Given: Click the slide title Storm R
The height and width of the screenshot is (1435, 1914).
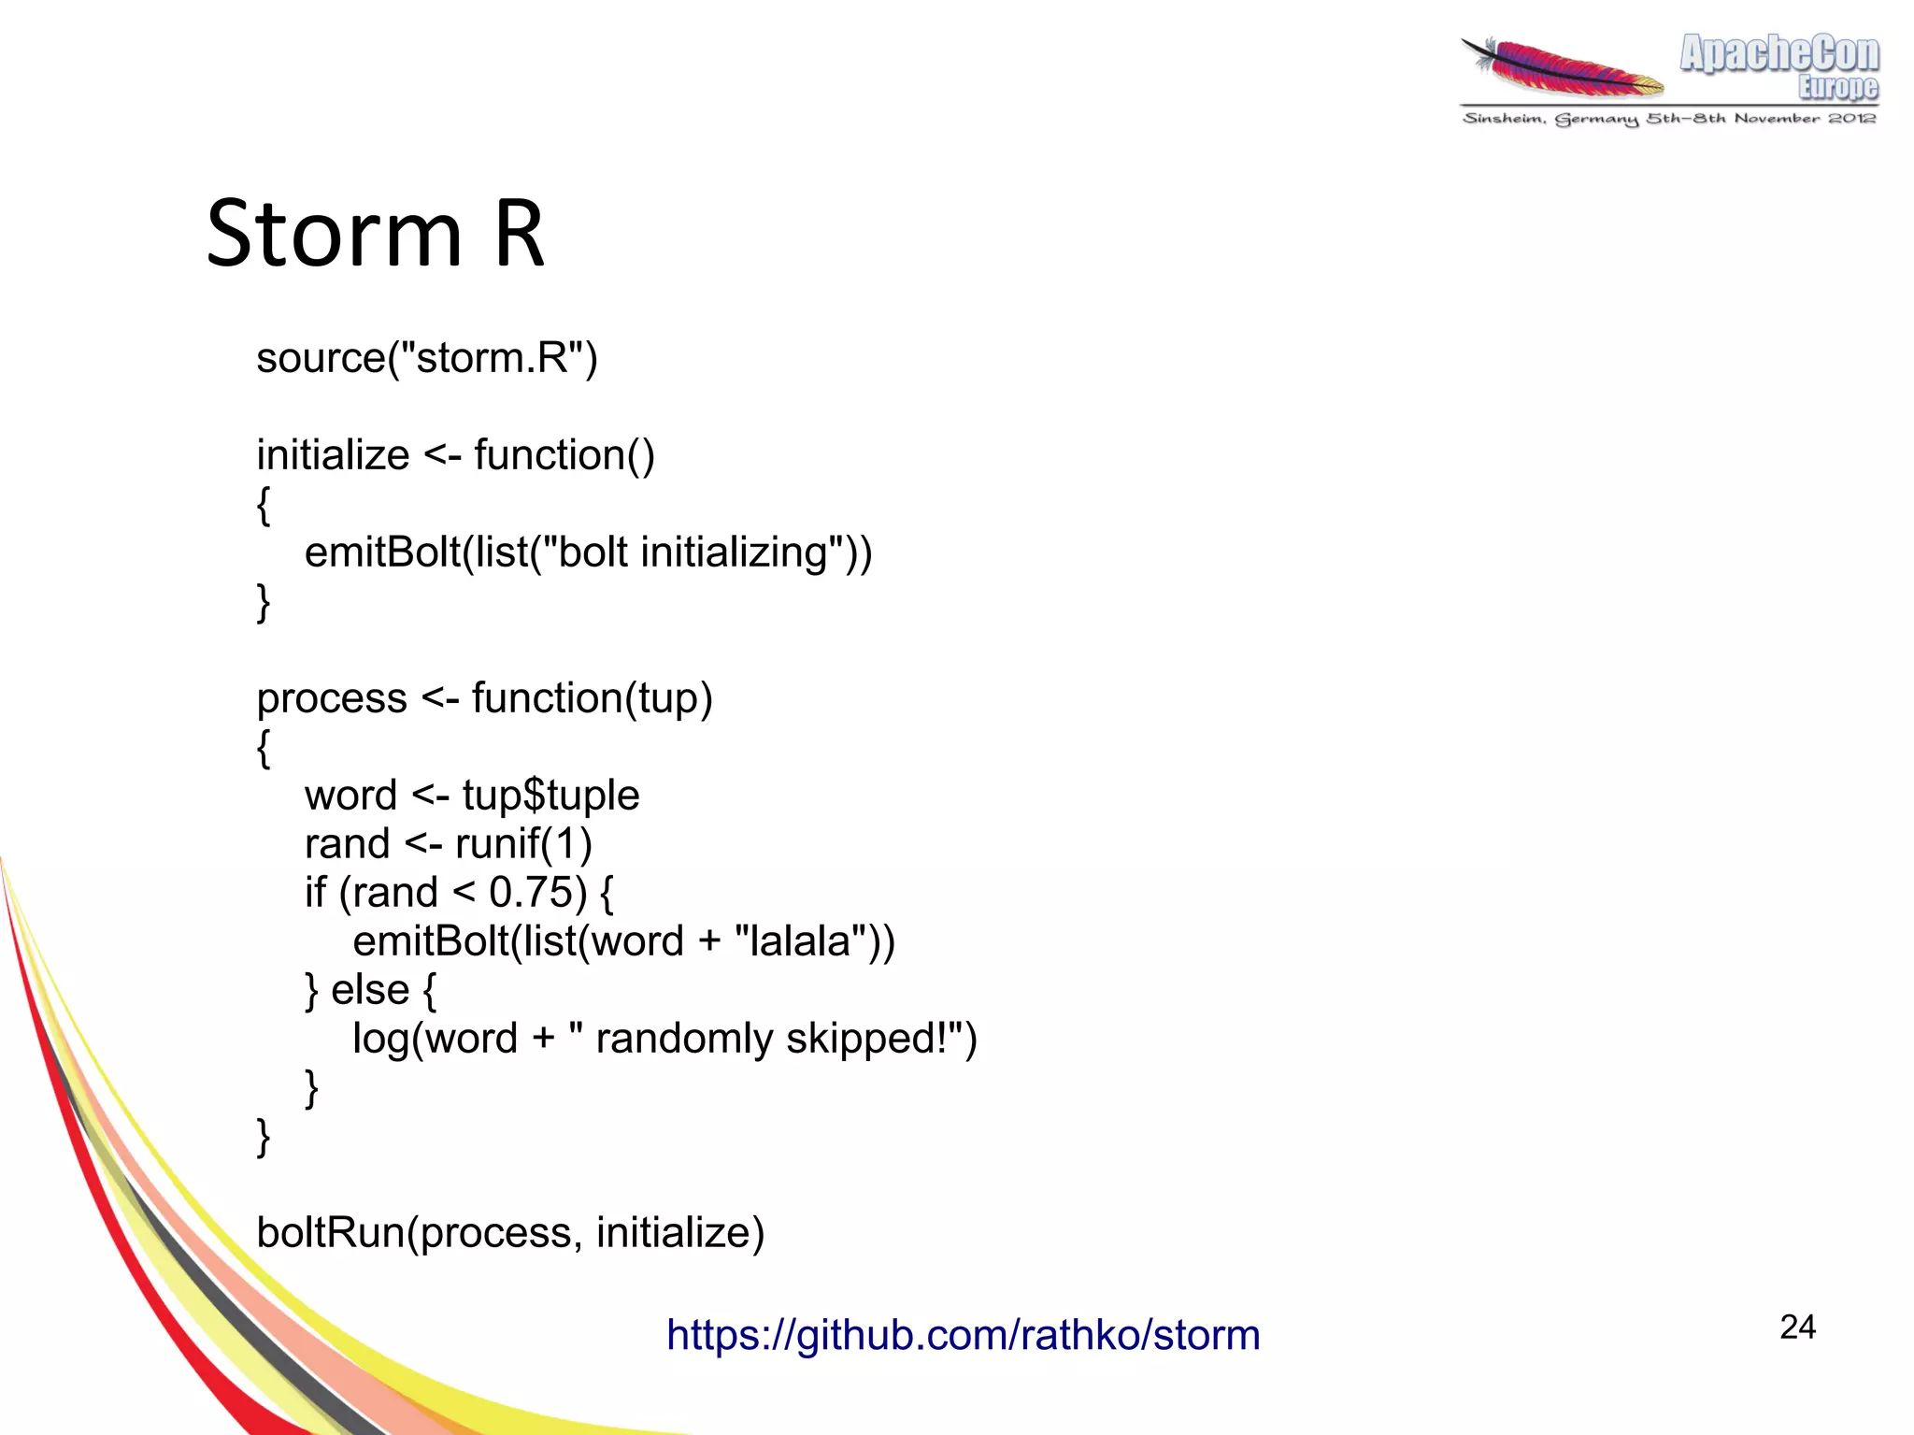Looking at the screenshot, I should tap(374, 234).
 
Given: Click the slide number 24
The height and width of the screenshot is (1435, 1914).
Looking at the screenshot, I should tap(1796, 1327).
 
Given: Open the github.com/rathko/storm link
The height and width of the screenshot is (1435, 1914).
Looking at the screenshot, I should tap(963, 1335).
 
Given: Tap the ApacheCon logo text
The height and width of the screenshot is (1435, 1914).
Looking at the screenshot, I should tap(1778, 54).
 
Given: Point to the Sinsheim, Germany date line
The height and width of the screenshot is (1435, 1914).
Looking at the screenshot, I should tap(1669, 119).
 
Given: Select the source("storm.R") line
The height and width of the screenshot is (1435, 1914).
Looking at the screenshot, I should tap(426, 358).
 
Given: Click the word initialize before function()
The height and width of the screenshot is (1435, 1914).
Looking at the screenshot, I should tap(333, 456).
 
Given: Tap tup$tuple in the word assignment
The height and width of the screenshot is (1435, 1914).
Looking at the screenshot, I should tap(550, 796).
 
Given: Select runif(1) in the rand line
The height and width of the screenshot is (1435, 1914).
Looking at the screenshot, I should tap(523, 844).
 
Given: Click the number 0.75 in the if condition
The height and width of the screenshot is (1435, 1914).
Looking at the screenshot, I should tap(530, 893).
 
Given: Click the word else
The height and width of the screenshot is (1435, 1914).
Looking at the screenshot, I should tap(370, 990).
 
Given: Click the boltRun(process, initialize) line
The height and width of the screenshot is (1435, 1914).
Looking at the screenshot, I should tap(510, 1233).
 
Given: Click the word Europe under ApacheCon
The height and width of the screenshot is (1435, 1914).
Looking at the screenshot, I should tap(1837, 87).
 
